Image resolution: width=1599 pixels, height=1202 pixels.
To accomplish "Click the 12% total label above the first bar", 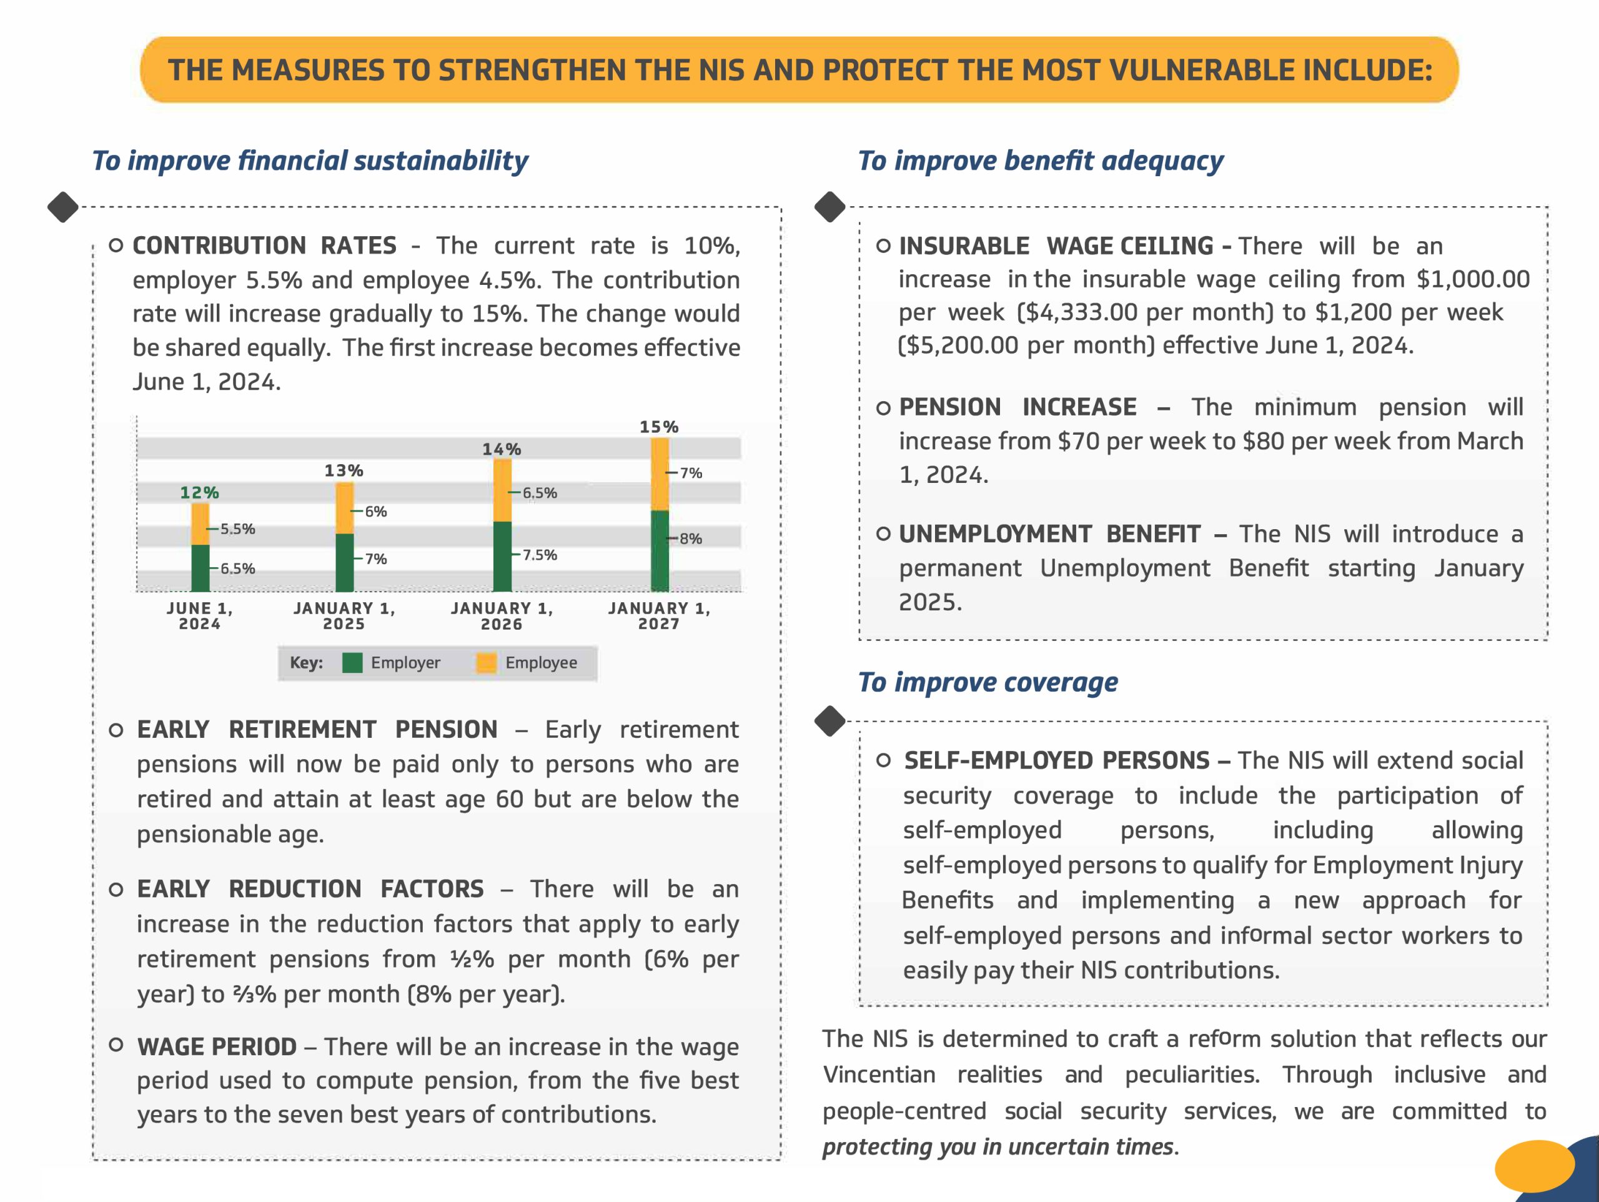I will [x=199, y=492].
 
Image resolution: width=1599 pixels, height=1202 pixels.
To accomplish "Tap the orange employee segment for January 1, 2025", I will [x=345, y=508].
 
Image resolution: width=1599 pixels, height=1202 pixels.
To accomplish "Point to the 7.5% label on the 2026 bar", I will [x=539, y=555].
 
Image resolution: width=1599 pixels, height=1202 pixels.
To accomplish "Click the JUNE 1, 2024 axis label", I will [x=199, y=615].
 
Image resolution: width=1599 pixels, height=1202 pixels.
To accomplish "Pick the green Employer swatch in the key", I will [x=352, y=662].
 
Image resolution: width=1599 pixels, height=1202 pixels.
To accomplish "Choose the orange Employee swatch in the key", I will [x=487, y=662].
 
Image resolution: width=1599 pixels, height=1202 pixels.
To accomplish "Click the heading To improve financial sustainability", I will [x=309, y=161].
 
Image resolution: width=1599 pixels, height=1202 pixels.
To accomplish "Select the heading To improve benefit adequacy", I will [x=1039, y=161].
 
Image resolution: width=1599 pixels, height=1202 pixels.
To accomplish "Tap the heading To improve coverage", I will [x=987, y=682].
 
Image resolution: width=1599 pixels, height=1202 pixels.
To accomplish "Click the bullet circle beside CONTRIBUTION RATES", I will [x=116, y=245].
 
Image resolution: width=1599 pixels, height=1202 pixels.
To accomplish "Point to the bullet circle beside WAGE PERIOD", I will [x=116, y=1045].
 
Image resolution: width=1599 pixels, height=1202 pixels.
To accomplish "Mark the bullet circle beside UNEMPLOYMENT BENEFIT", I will [x=883, y=534].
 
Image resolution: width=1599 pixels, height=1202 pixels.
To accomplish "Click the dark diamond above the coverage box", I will [x=830, y=721].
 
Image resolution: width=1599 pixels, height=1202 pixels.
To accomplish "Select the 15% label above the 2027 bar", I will [x=658, y=427].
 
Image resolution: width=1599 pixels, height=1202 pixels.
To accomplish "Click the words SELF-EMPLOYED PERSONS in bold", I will [x=1056, y=760].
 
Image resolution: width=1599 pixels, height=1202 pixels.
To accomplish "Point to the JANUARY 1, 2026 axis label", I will [x=502, y=615].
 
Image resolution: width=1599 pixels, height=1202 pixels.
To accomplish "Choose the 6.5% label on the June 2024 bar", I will [x=238, y=569].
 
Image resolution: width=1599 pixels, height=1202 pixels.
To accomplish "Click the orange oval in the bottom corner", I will [x=1534, y=1165].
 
